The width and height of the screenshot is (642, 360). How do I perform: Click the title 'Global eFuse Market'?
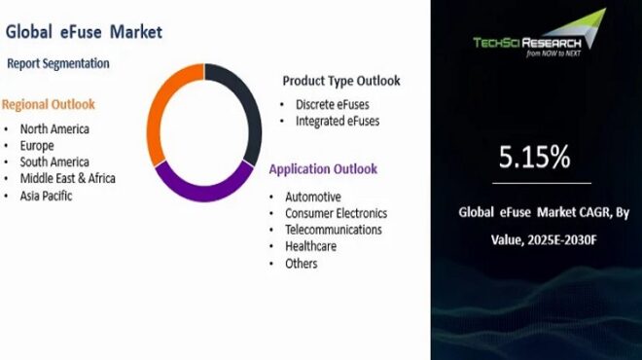(x=84, y=31)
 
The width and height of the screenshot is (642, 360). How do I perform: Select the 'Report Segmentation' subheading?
(x=58, y=63)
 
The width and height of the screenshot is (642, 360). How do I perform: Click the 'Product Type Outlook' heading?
(x=340, y=81)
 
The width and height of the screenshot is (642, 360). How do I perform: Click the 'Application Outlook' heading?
(x=323, y=169)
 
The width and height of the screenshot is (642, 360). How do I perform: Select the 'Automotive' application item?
(x=313, y=197)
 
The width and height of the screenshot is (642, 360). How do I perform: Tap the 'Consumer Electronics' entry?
(x=336, y=213)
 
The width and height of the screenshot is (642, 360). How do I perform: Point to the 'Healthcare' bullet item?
(x=310, y=246)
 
